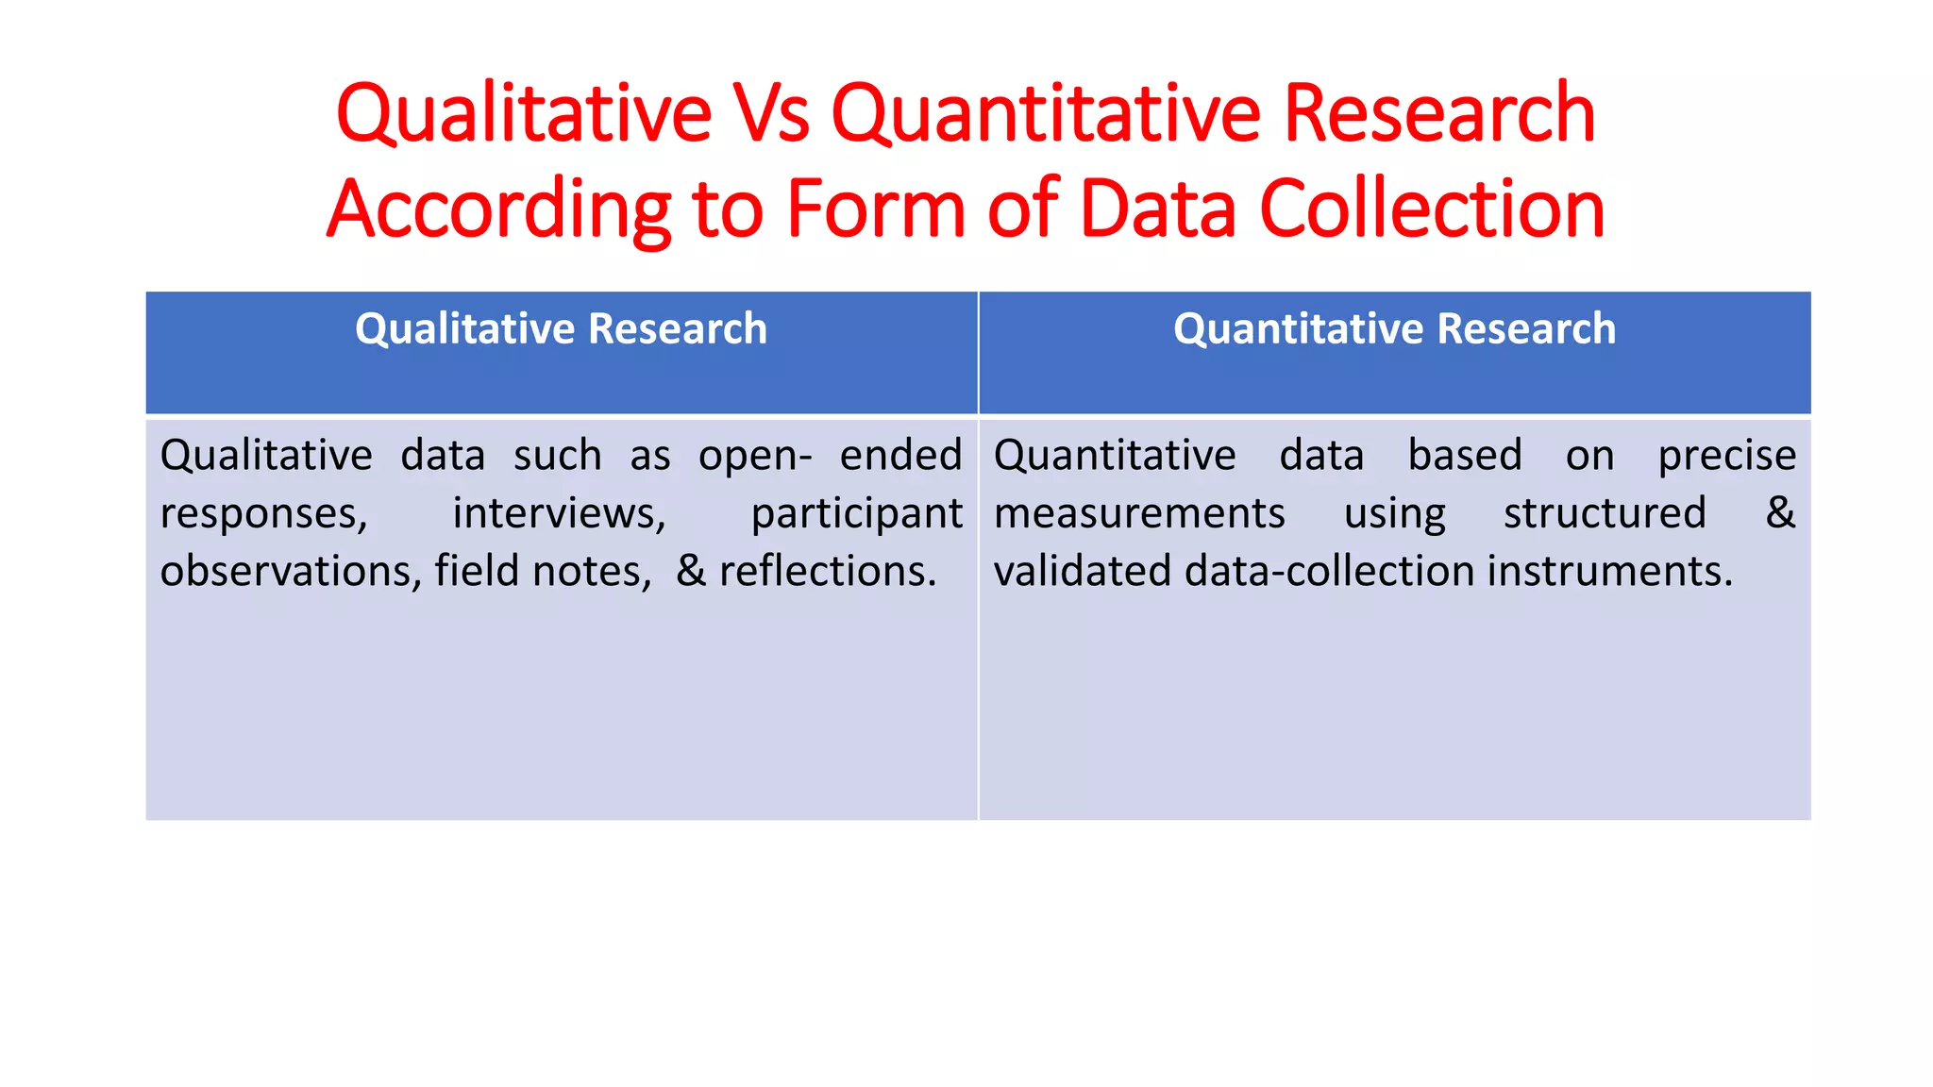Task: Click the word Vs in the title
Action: (771, 114)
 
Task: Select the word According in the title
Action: (498, 210)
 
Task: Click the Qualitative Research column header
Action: (561, 329)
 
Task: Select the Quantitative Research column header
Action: (1394, 329)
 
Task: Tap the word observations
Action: (291, 572)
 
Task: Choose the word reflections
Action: (828, 572)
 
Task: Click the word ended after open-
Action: (900, 456)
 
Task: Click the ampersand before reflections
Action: (691, 572)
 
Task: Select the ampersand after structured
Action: (1780, 513)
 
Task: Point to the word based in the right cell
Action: (1465, 456)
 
